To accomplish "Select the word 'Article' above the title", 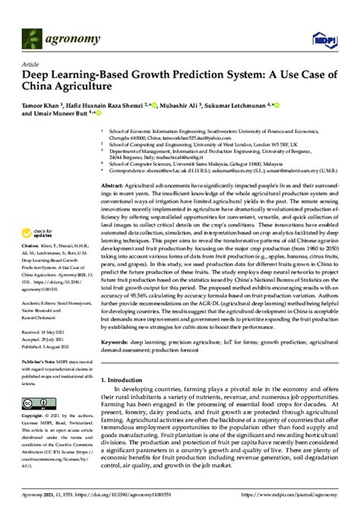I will [x=31, y=65].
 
